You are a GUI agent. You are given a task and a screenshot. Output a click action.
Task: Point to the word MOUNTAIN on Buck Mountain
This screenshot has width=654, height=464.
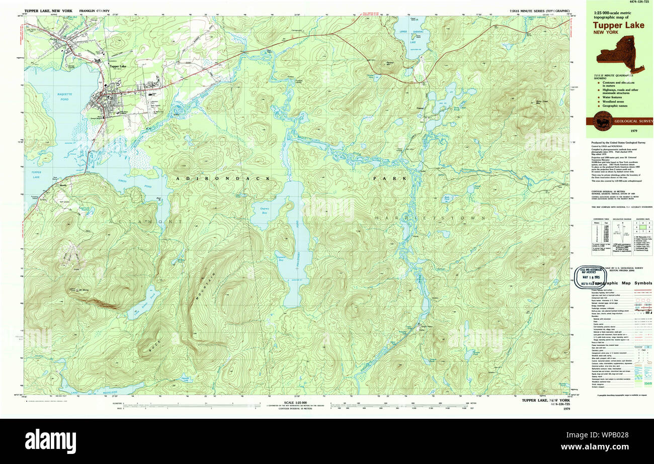(204, 284)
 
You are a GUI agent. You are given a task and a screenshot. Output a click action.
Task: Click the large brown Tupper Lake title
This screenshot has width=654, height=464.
(618, 25)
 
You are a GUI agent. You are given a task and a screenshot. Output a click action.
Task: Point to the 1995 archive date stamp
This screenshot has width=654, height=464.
(591, 277)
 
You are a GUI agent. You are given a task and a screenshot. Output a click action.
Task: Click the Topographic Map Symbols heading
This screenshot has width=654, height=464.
(622, 284)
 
